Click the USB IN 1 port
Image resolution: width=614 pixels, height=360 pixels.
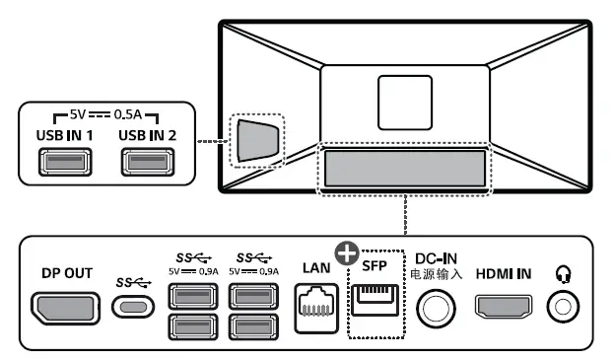pyautogui.click(x=63, y=160)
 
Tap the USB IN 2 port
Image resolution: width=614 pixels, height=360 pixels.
pyautogui.click(x=146, y=160)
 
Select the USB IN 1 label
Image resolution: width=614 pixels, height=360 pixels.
pyautogui.click(x=64, y=133)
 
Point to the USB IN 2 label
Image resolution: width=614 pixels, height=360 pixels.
pyautogui.click(x=147, y=133)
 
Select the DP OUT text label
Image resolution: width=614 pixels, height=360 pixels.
pyautogui.click(x=68, y=273)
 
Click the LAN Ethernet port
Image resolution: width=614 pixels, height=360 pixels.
pyautogui.click(x=315, y=305)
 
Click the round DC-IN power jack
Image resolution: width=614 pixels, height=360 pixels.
pyautogui.click(x=435, y=308)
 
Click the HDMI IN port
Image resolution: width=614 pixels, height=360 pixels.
pyautogui.click(x=504, y=307)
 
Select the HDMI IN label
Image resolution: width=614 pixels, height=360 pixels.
pyautogui.click(x=504, y=273)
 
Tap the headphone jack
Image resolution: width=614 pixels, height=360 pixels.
pyautogui.click(x=564, y=307)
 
